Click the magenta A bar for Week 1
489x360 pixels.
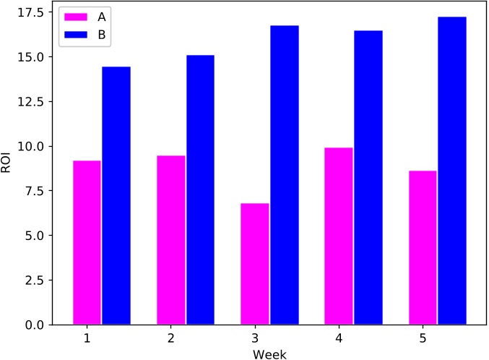click(x=87, y=242)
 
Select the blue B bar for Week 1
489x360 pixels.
click(x=116, y=195)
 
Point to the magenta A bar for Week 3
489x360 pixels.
click(x=254, y=264)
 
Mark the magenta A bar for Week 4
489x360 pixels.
click(x=339, y=236)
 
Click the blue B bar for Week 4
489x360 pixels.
click(x=368, y=177)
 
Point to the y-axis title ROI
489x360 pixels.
click(x=8, y=163)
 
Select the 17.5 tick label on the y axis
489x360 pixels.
click(x=30, y=13)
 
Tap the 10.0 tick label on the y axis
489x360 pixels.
click(x=30, y=147)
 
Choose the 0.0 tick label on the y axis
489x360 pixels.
click(x=34, y=325)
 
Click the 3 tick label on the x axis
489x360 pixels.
click(x=255, y=338)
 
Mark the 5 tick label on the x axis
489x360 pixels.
click(x=423, y=338)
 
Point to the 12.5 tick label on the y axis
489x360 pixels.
click(x=30, y=102)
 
